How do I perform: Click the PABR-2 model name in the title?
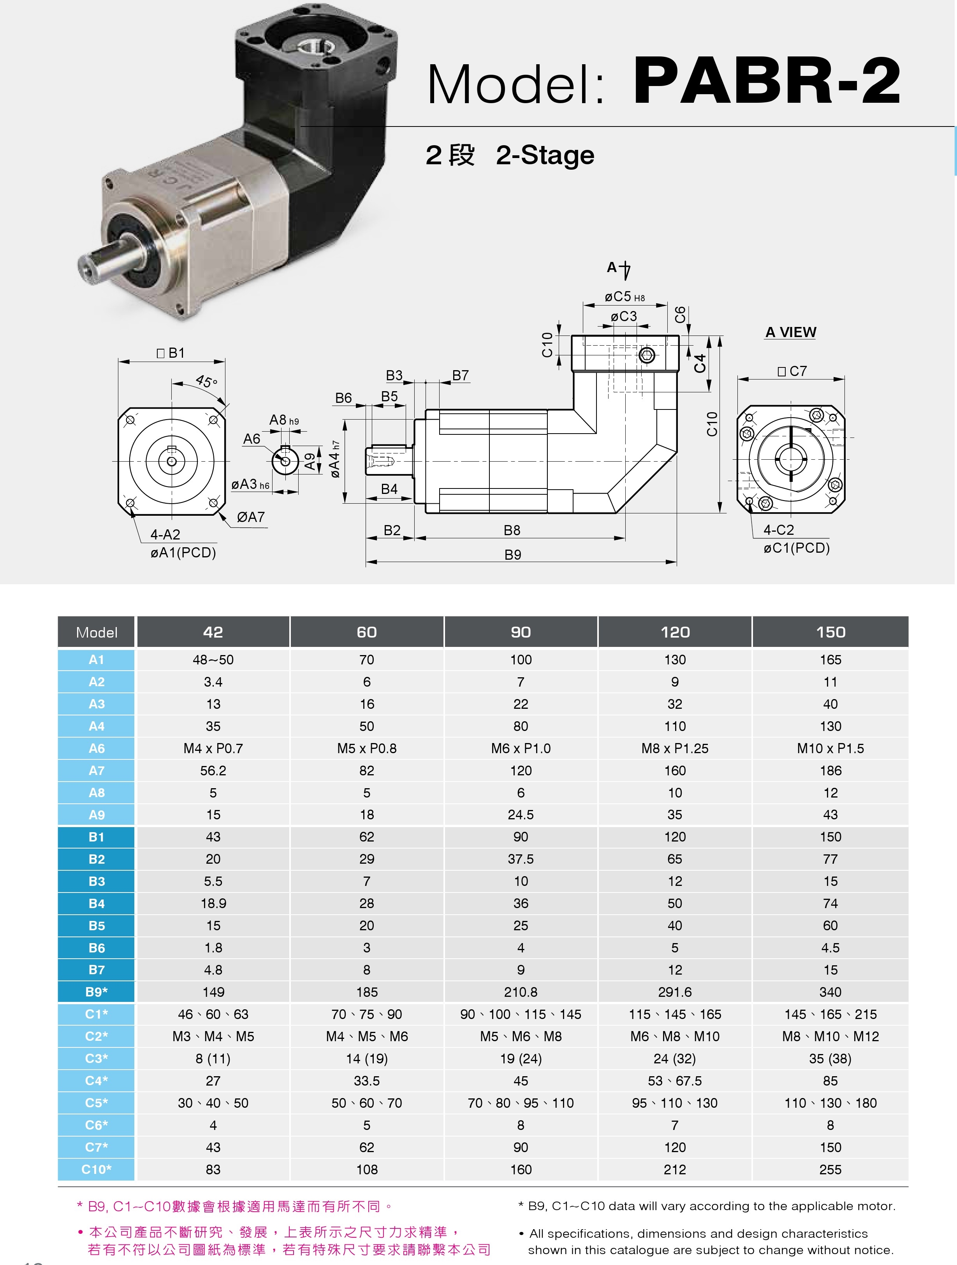coord(767,81)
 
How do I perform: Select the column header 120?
coord(675,632)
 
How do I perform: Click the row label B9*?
coord(96,992)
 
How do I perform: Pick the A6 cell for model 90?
coord(521,748)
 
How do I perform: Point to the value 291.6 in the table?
coord(675,992)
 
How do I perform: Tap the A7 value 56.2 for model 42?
coord(213,770)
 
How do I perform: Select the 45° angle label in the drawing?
coord(206,381)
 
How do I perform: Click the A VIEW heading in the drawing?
coord(790,332)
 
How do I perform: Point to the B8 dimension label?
coord(512,530)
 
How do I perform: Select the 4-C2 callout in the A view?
coord(779,530)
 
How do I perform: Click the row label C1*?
coord(96,1014)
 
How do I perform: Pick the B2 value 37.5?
coord(521,859)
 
